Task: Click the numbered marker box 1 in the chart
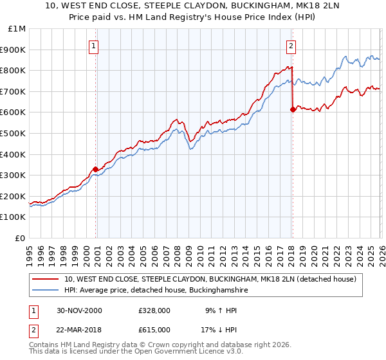click(94, 46)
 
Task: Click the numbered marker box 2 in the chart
click(291, 46)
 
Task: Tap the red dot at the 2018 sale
click(293, 109)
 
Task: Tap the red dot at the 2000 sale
click(96, 169)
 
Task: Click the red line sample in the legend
click(46, 280)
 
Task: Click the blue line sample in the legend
click(46, 291)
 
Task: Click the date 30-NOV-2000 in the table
click(78, 311)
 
